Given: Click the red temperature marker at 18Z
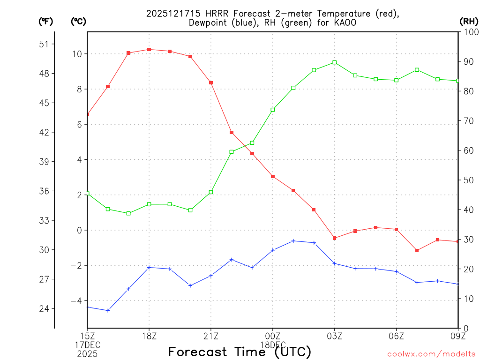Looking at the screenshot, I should tap(149, 49).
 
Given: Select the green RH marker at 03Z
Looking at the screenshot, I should tap(335, 62).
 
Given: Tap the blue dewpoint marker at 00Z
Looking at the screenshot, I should tap(273, 250).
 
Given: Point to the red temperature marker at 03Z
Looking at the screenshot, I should tap(335, 238).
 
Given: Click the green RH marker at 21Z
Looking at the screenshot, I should tap(211, 192).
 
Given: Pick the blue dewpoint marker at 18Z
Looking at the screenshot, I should tap(149, 268).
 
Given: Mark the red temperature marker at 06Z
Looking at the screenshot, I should tap(397, 229).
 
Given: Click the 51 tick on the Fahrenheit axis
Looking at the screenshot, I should tap(44, 44).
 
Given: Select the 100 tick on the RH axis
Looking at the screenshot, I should tap(470, 32).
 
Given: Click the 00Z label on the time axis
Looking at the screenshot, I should tap(273, 336).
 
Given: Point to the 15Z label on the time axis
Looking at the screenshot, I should tap(87, 336).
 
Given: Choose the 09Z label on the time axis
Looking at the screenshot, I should tap(458, 336).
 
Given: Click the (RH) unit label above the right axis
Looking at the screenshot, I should tap(469, 21).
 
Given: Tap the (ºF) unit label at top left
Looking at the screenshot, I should tap(45, 21).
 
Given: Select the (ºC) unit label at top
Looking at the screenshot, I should tap(78, 21).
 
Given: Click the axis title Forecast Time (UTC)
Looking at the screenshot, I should tap(240, 352).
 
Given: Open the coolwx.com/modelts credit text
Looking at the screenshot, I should tap(431, 354).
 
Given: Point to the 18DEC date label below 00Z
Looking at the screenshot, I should tap(273, 344).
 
